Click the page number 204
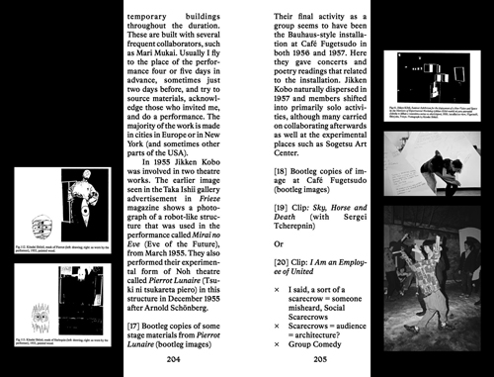click(x=174, y=362)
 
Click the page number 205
click(x=312, y=362)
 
